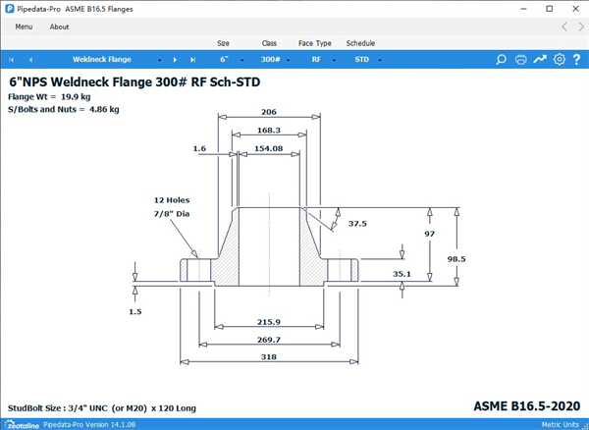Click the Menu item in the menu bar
[24, 27]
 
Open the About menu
[59, 27]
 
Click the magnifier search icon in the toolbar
[501, 59]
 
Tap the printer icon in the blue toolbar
[520, 59]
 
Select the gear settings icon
[559, 59]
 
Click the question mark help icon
[576, 59]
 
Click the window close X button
[575, 9]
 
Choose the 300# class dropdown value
[271, 59]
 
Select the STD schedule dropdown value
[361, 59]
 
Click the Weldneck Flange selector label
[102, 59]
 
